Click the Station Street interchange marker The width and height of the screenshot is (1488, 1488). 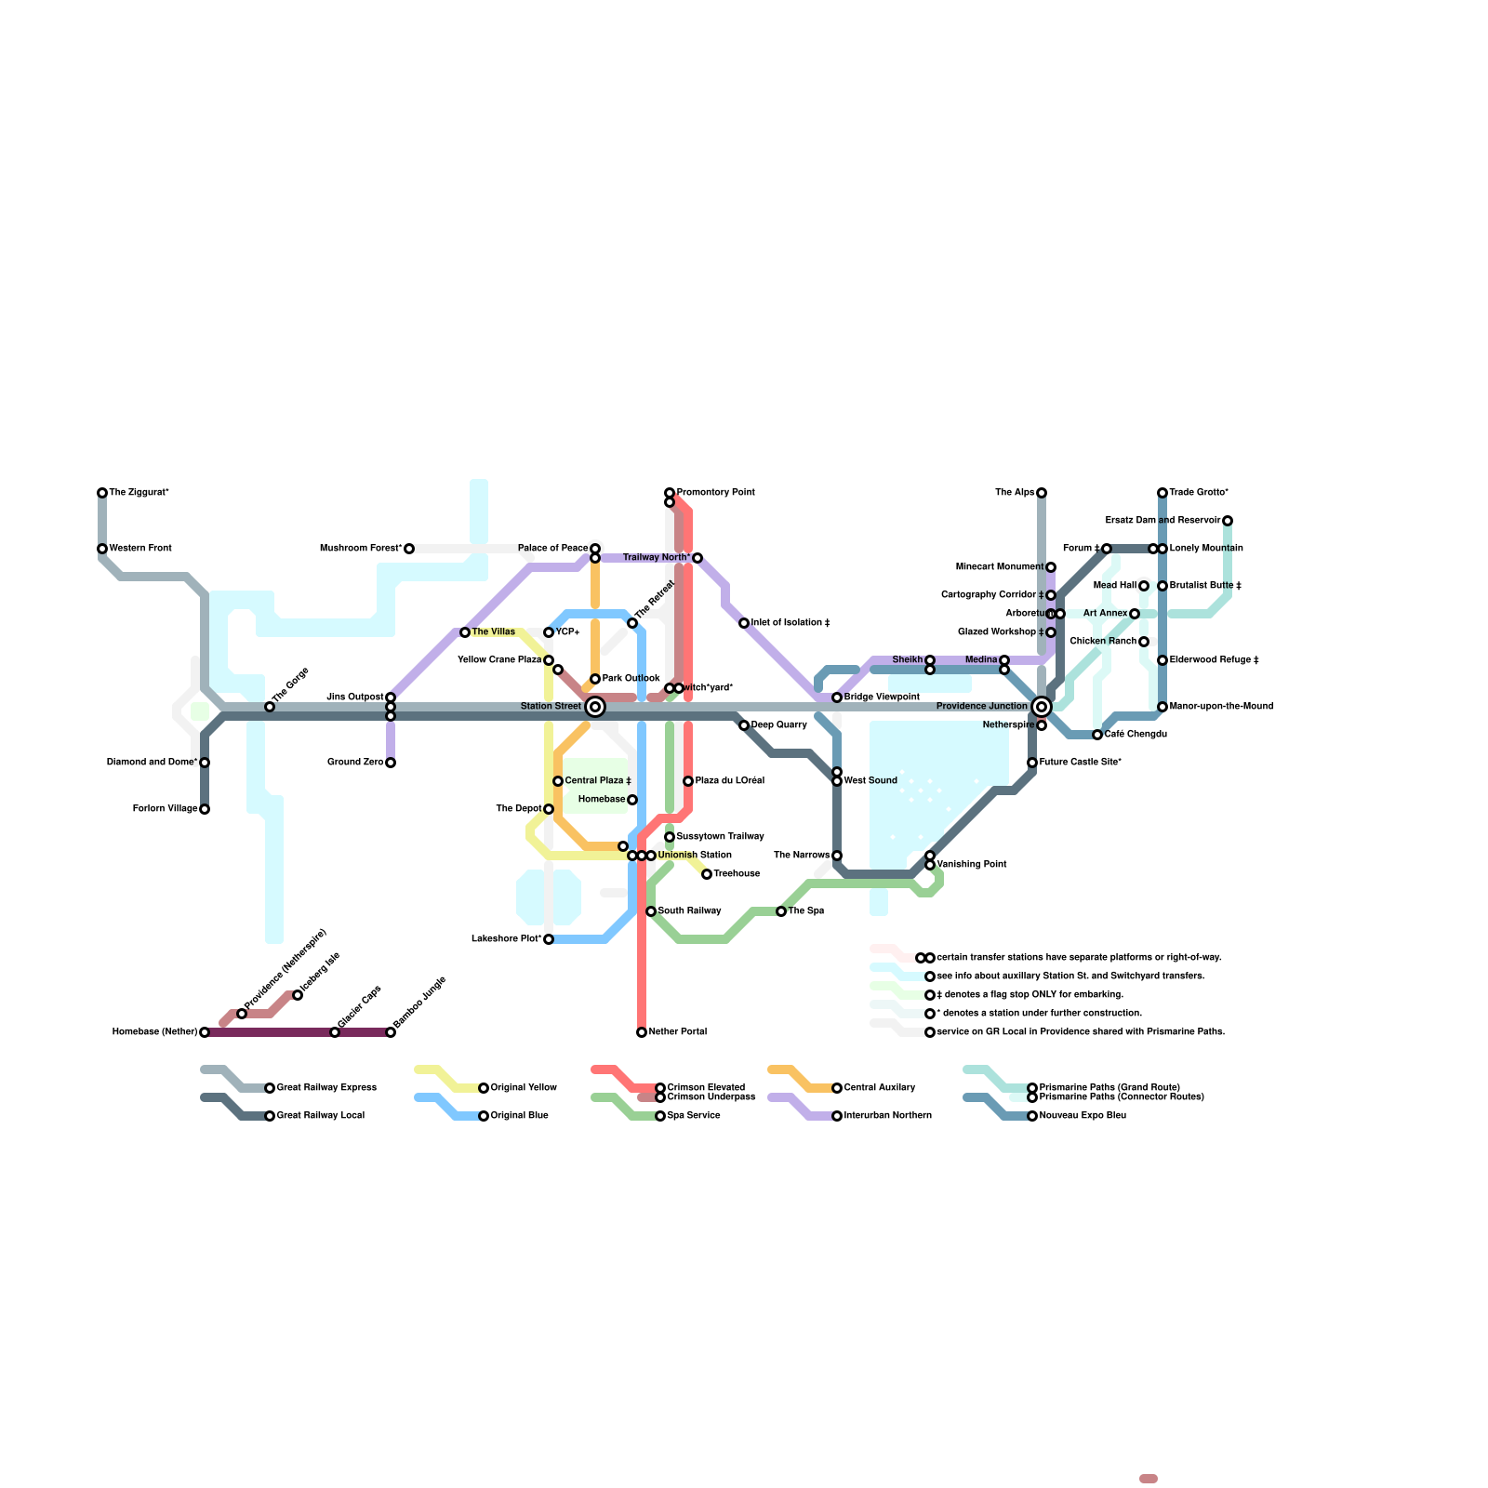(x=595, y=707)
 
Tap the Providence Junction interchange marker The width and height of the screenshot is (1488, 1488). (x=1042, y=707)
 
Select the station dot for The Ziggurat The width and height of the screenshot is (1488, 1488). (x=102, y=493)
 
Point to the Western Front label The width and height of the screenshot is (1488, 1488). (x=140, y=549)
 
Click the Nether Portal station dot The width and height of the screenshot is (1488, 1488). (x=642, y=1032)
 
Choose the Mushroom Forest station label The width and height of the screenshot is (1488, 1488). (x=361, y=549)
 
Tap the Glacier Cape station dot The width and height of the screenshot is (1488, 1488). (x=335, y=1032)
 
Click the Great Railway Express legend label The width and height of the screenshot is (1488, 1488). (x=326, y=1088)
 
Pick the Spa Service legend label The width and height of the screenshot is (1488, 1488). (x=694, y=1116)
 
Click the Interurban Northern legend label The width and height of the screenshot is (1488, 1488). (x=887, y=1116)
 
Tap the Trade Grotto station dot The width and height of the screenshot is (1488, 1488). (x=1162, y=493)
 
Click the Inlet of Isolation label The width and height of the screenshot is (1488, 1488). (x=790, y=623)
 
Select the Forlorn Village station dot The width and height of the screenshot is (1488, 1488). (x=205, y=809)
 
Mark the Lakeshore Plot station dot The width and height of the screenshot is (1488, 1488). (x=549, y=939)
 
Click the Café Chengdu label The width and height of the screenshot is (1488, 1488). (x=1136, y=735)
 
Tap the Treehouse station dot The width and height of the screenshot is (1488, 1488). (x=707, y=874)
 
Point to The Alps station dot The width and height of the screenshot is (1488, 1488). (x=1042, y=493)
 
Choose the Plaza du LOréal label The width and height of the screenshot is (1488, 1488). (x=730, y=781)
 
